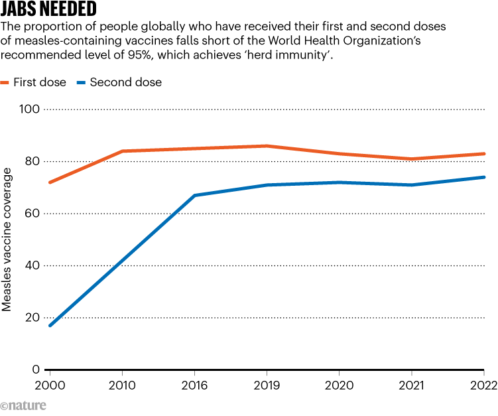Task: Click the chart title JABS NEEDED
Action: click(49, 10)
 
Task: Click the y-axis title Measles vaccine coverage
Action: click(7, 240)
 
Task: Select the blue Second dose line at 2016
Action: click(194, 195)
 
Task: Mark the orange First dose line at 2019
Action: click(267, 146)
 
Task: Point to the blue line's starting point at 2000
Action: click(50, 325)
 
